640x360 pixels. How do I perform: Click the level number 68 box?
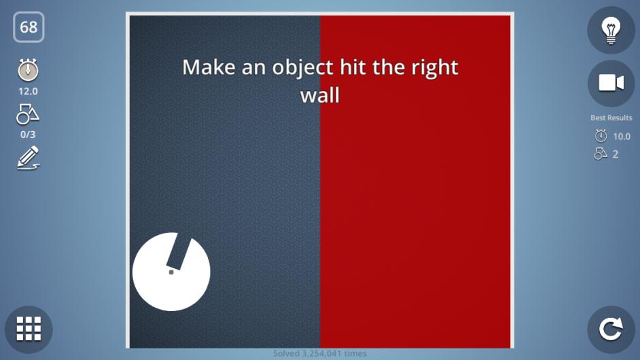[29, 27]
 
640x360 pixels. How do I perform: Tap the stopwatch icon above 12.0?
[28, 70]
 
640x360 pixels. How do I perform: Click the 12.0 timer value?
[28, 92]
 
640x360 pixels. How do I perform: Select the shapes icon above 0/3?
[28, 114]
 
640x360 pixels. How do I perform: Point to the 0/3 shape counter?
[28, 134]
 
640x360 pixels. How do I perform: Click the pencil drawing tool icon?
[28, 158]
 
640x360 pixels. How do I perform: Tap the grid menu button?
[29, 329]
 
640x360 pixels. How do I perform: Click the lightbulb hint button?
[611, 30]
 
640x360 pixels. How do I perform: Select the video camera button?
[611, 84]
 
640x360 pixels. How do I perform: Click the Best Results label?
[611, 118]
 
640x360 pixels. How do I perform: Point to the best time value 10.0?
[622, 137]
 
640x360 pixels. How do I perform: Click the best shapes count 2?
[616, 154]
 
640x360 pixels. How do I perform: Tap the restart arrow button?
[611, 329]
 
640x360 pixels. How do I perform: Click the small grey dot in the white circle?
[171, 272]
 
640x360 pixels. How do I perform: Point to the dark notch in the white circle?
[179, 251]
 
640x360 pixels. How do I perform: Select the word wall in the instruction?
[320, 95]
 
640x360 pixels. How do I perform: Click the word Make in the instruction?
[209, 67]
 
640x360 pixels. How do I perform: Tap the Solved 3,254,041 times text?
[320, 353]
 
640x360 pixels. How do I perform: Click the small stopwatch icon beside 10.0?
[601, 136]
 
